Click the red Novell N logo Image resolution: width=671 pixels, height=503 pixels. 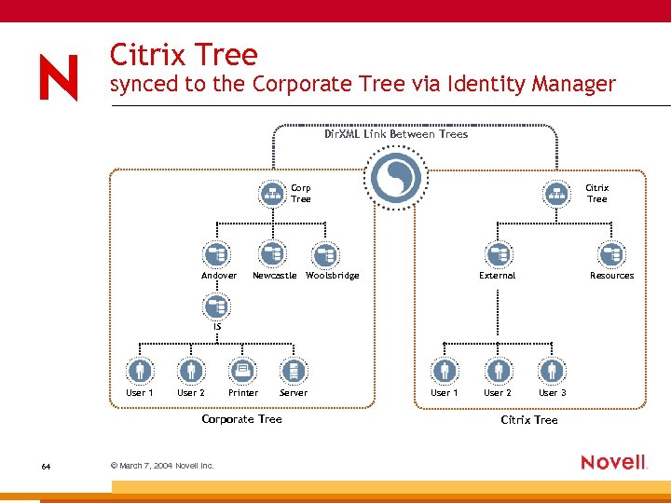pyautogui.click(x=59, y=77)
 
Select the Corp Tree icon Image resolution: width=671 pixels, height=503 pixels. pyautogui.click(x=272, y=193)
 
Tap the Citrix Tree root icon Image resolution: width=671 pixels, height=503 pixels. pyautogui.click(x=557, y=193)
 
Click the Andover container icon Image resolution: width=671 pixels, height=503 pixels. pyautogui.click(x=216, y=254)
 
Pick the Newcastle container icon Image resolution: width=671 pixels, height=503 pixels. pyautogui.click(x=272, y=254)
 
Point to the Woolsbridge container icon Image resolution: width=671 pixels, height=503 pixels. pyautogui.click(x=325, y=254)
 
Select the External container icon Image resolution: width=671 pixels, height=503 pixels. pyautogui.click(x=499, y=254)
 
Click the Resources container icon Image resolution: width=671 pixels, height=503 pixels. pyautogui.click(x=611, y=254)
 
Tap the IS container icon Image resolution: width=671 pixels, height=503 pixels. pyautogui.click(x=216, y=306)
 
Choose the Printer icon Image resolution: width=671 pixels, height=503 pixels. pyautogui.click(x=242, y=372)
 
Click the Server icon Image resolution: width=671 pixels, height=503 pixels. pyautogui.click(x=294, y=372)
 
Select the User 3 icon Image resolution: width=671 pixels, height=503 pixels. pyautogui.click(x=552, y=372)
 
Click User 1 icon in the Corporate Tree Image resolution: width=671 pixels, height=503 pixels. pyautogui.click(x=140, y=372)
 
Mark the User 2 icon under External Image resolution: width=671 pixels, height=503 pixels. pyautogui.click(x=499, y=372)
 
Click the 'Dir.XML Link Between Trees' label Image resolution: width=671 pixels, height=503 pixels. pyautogui.click(x=396, y=134)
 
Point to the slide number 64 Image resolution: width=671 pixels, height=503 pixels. pyautogui.click(x=47, y=465)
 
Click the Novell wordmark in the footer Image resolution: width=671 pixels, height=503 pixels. pyautogui.click(x=613, y=462)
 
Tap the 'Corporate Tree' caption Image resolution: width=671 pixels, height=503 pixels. pyautogui.click(x=241, y=419)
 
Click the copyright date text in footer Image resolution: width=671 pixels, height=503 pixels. pyautogui.click(x=162, y=465)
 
